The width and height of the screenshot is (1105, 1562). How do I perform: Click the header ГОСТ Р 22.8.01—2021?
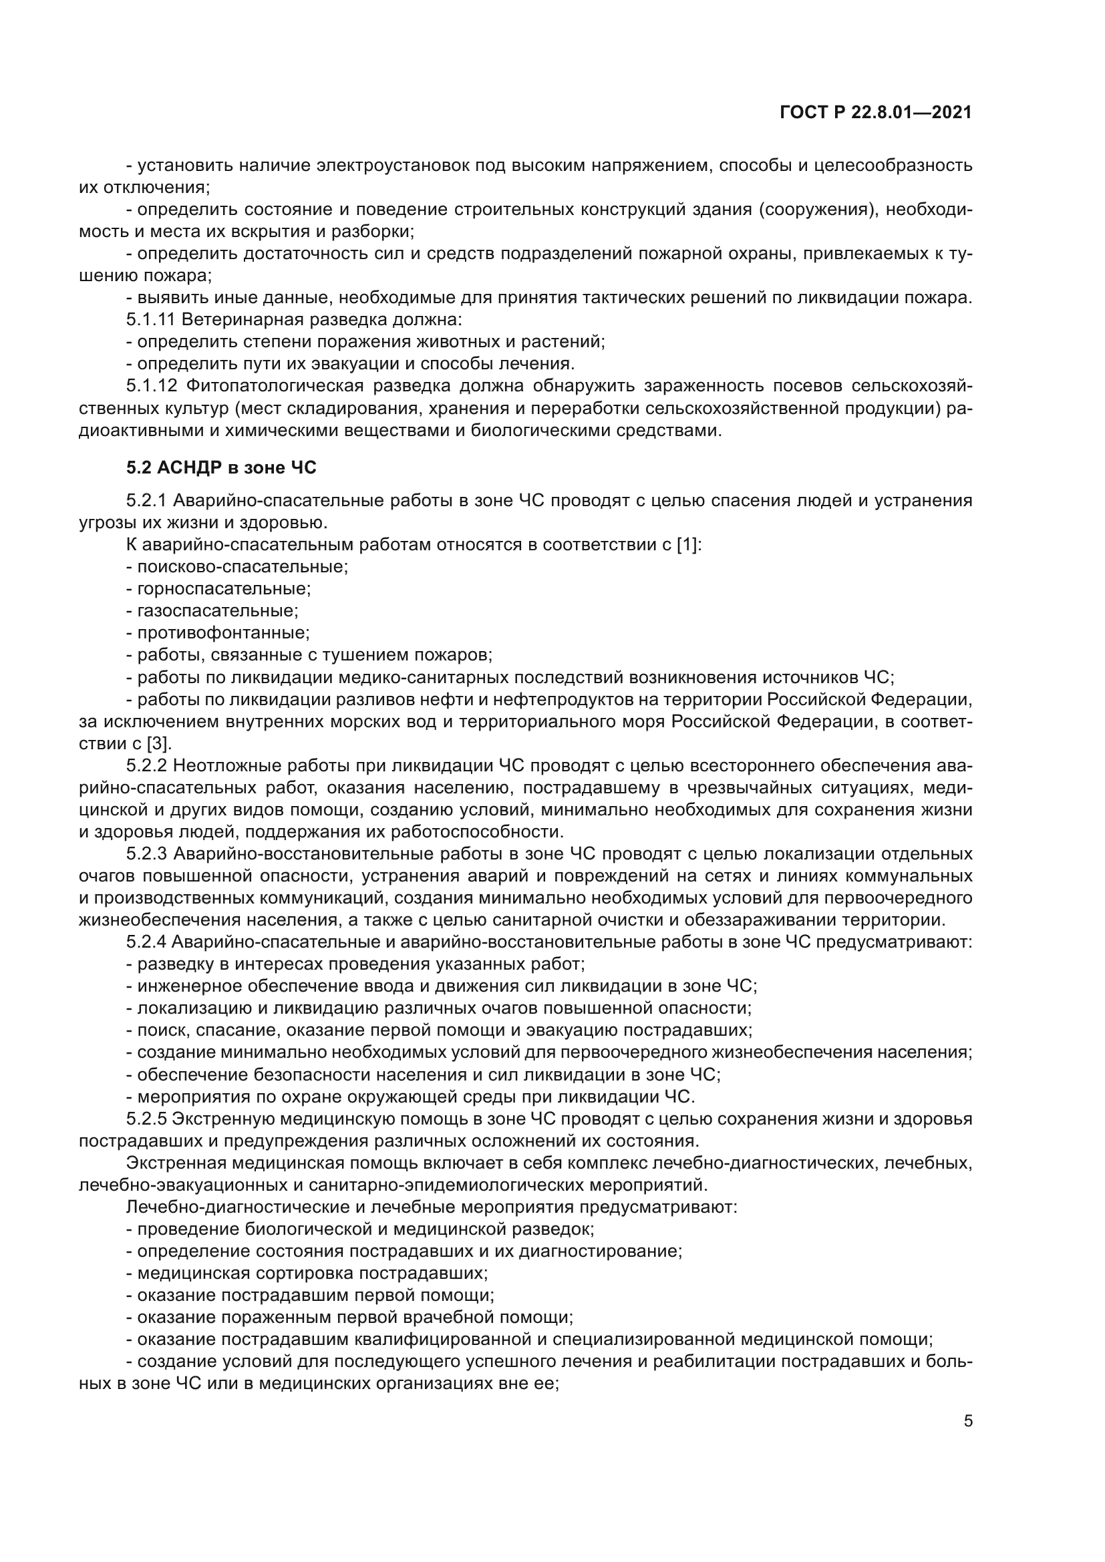click(876, 112)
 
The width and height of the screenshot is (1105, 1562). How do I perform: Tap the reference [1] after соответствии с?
click(689, 545)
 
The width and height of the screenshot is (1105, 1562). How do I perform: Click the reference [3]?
click(159, 743)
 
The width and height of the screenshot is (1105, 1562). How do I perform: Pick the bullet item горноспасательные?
click(224, 589)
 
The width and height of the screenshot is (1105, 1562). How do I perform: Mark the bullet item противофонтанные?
click(223, 633)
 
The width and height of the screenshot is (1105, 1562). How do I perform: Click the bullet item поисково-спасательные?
click(243, 567)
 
